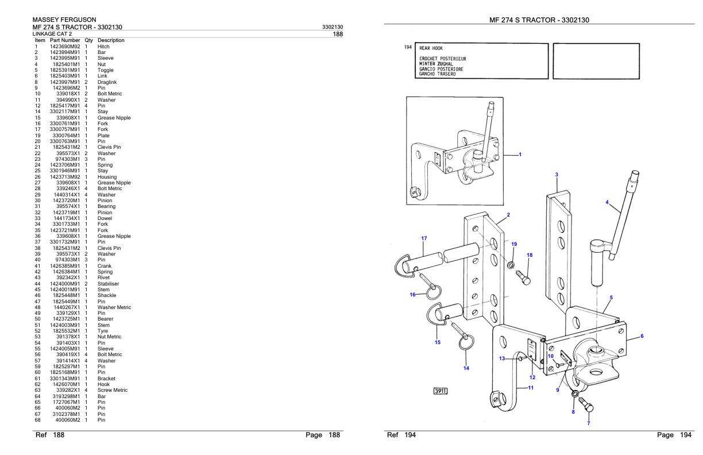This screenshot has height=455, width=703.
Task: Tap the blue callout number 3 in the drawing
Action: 557,173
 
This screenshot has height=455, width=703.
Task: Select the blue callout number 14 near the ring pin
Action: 466,368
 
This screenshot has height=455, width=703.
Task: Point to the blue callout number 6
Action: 642,336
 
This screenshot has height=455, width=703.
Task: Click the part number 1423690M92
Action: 65,47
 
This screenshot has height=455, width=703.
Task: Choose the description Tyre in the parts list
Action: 103,331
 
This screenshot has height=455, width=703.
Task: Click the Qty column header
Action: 89,40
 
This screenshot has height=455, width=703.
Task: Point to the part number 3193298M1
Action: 66,396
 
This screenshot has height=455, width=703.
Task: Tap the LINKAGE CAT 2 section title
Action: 56,34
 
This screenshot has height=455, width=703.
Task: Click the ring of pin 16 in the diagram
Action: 434,295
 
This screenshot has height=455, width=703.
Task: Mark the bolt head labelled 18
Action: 525,280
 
